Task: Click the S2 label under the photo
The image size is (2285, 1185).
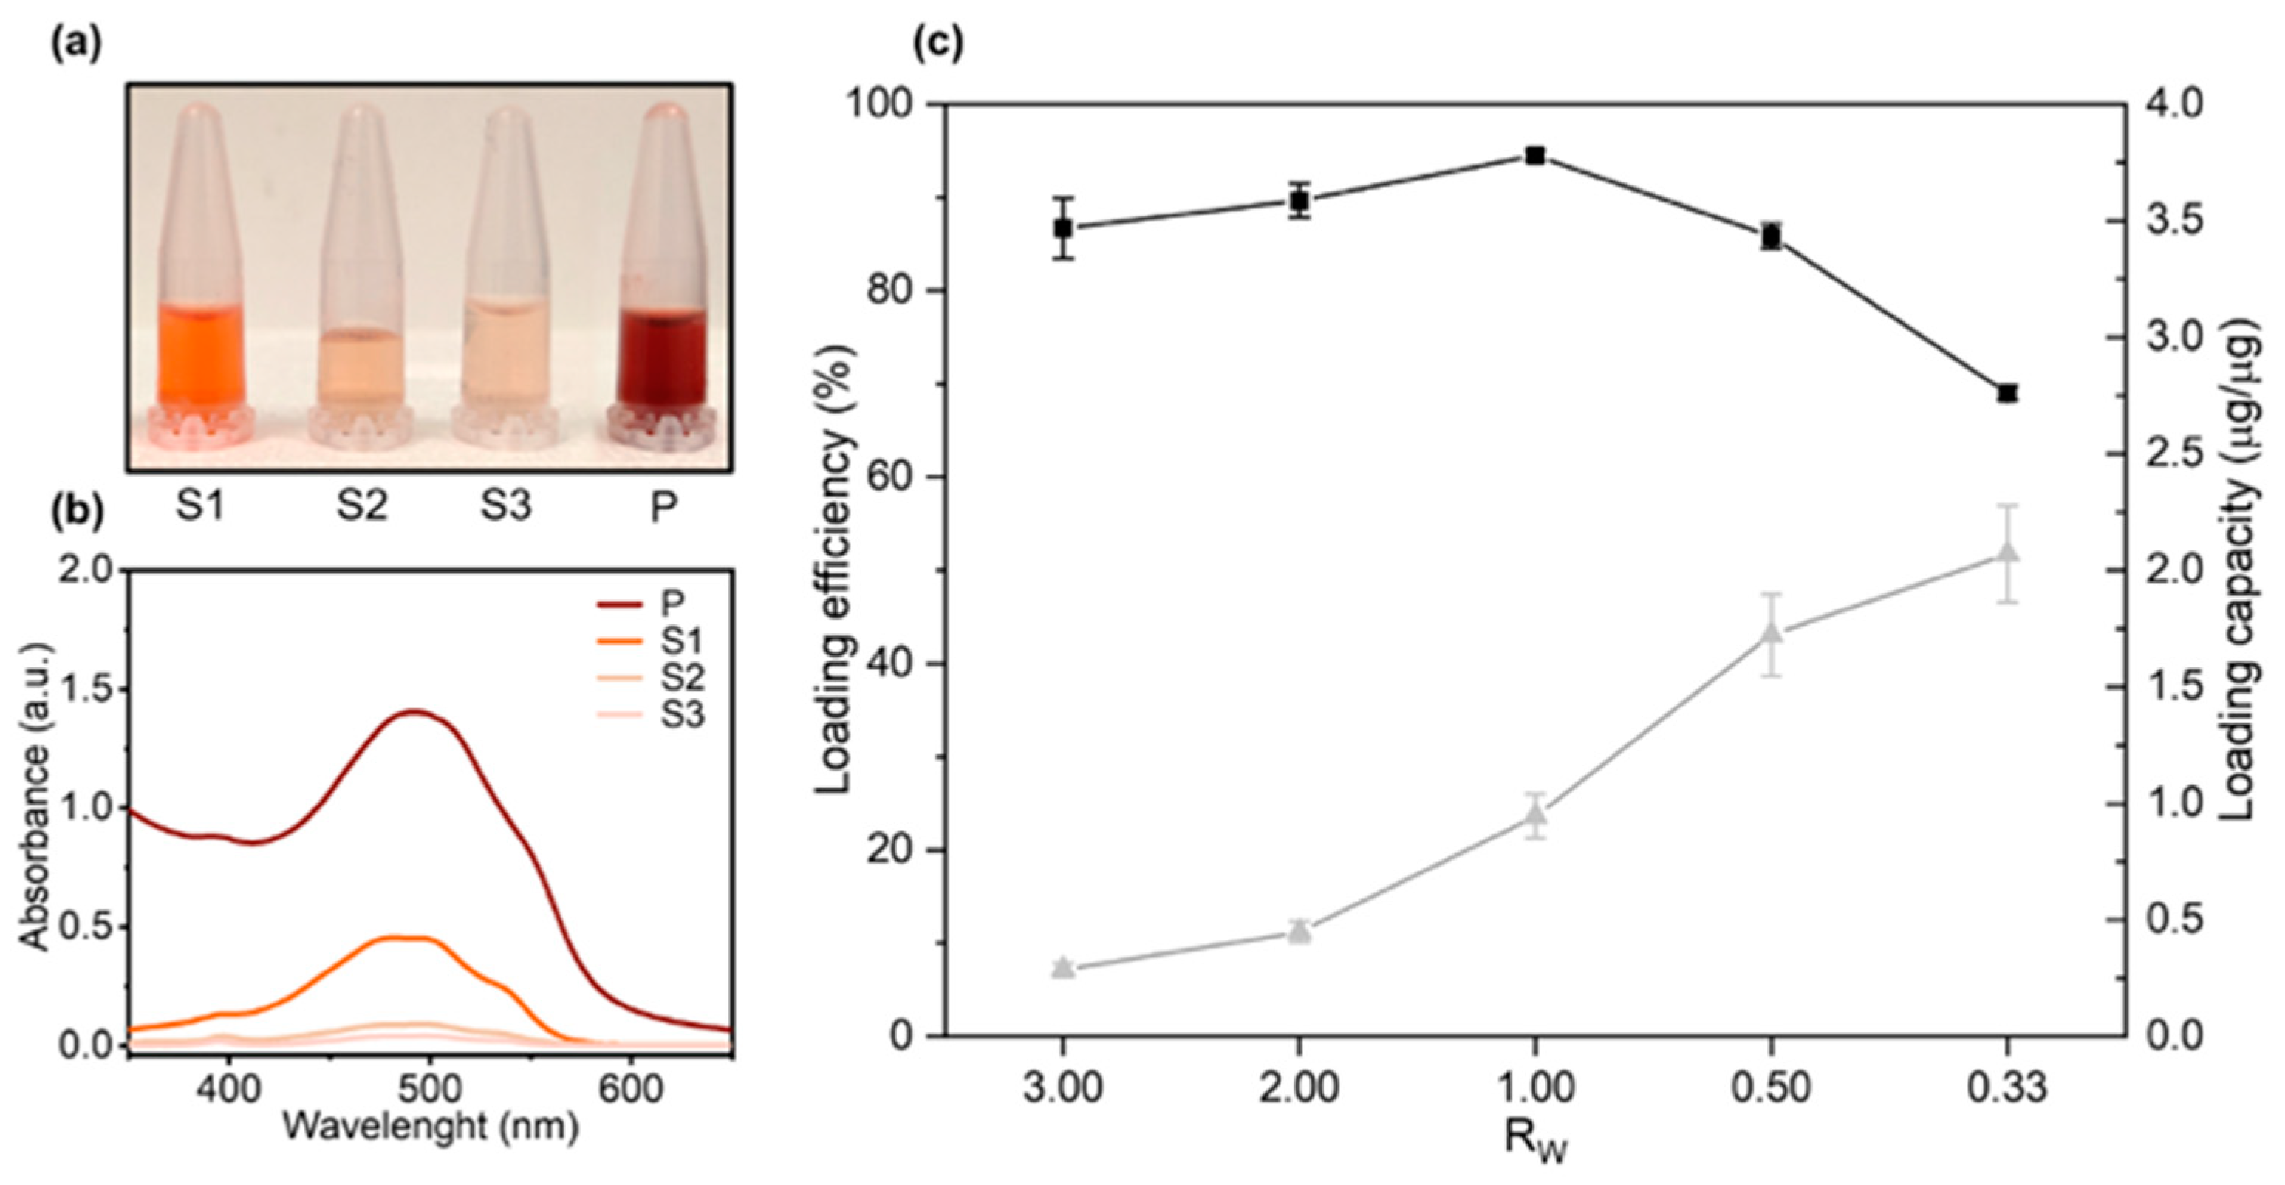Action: click(x=362, y=507)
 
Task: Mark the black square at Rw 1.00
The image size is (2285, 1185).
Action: click(x=1535, y=156)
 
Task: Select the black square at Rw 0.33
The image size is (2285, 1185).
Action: click(x=2007, y=393)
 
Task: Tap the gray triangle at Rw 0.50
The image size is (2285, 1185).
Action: click(x=1772, y=633)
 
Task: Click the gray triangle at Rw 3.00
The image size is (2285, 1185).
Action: click(x=1062, y=968)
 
